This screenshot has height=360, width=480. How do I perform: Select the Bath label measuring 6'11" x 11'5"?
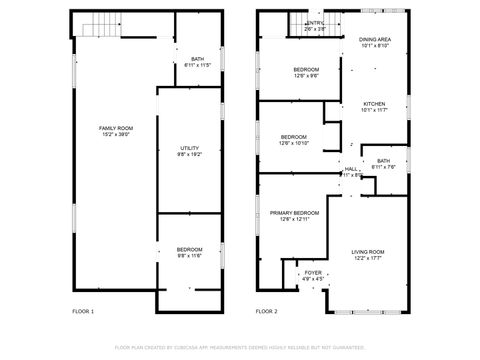pyautogui.click(x=197, y=59)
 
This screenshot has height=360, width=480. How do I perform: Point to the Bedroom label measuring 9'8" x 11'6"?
pyautogui.click(x=190, y=249)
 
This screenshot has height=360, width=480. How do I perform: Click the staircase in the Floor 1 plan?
pyautogui.click(x=95, y=26)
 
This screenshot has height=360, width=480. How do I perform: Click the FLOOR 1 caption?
pyautogui.click(x=83, y=311)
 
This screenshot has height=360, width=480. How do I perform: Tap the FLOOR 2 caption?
pyautogui.click(x=266, y=311)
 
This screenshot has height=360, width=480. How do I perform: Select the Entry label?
pyautogui.click(x=315, y=22)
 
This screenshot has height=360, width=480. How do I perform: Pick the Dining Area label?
pyautogui.click(x=375, y=39)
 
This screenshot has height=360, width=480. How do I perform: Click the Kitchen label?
pyautogui.click(x=374, y=104)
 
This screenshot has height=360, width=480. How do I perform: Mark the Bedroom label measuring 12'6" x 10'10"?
pyautogui.click(x=294, y=136)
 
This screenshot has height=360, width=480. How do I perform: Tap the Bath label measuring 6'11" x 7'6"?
pyautogui.click(x=383, y=160)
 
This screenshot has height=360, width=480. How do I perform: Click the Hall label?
pyautogui.click(x=351, y=169)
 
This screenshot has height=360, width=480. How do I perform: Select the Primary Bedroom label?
pyautogui.click(x=294, y=213)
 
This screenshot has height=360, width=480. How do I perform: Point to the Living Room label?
pyautogui.click(x=367, y=251)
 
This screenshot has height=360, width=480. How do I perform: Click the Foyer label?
pyautogui.click(x=313, y=271)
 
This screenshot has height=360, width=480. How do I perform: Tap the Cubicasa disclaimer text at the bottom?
pyautogui.click(x=240, y=347)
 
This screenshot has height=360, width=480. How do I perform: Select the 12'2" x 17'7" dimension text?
pyautogui.click(x=367, y=258)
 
